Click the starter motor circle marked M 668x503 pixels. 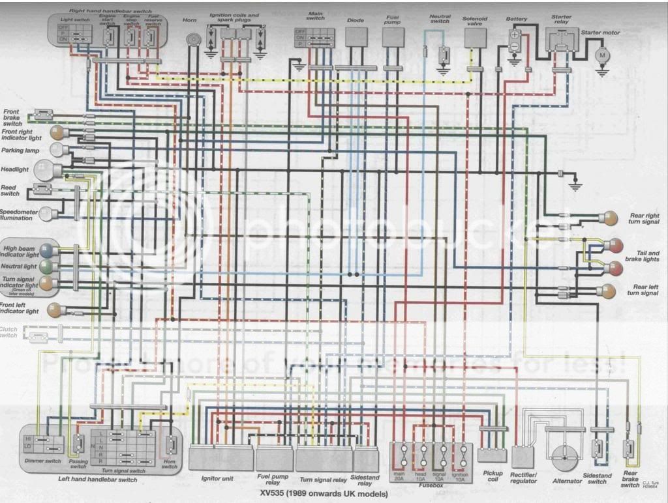tap(603, 56)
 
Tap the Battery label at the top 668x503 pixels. tap(517, 20)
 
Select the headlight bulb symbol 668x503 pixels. tap(46, 171)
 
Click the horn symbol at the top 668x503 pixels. tap(192, 40)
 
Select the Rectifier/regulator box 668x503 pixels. tap(523, 456)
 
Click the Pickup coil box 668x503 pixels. tap(492, 455)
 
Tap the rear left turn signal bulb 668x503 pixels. tap(609, 290)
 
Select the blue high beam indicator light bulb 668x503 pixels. tap(46, 250)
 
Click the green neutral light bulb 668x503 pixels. tap(46, 266)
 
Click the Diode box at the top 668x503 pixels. tap(356, 37)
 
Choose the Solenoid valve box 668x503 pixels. tap(476, 38)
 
